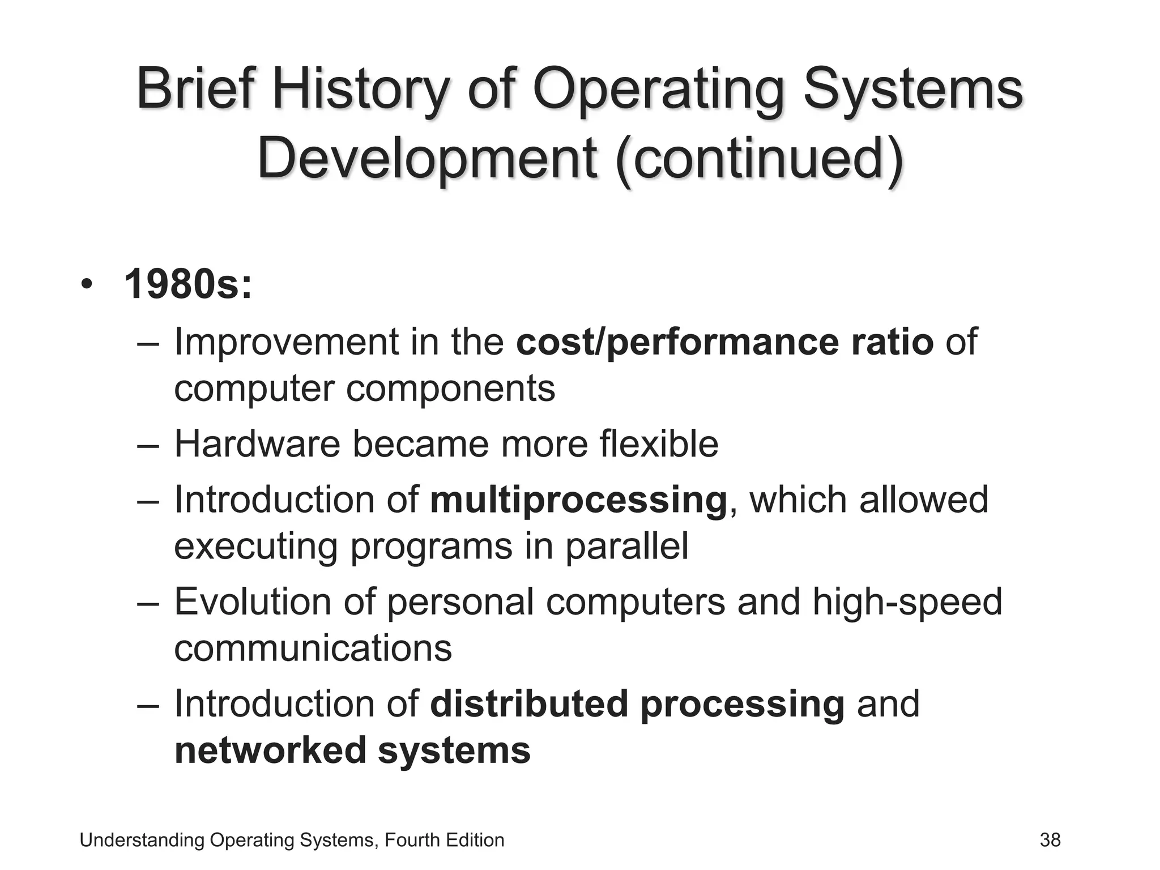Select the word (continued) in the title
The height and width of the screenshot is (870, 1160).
(759, 158)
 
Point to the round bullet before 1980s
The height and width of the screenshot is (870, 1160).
(86, 284)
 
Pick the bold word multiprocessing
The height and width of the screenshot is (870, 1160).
(578, 501)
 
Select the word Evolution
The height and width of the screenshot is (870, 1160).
(253, 602)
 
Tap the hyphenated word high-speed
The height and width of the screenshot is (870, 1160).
(907, 602)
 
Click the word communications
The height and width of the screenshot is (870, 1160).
(313, 648)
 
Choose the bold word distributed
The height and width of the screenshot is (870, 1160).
(529, 704)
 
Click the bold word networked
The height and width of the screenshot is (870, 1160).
(270, 750)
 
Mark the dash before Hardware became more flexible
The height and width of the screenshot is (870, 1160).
(149, 445)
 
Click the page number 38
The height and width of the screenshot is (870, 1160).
(1050, 840)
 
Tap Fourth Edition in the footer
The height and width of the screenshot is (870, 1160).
(445, 840)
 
